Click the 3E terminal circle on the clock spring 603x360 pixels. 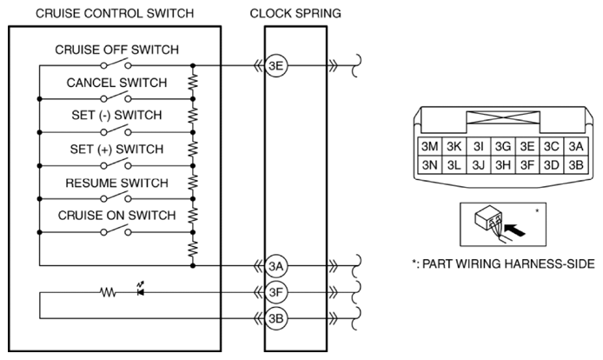pyautogui.click(x=275, y=66)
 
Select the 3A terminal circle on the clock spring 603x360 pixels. pyautogui.click(x=275, y=266)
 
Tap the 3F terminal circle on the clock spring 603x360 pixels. pyautogui.click(x=275, y=293)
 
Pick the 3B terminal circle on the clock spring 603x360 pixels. pyautogui.click(x=275, y=319)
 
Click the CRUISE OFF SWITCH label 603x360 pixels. pyautogui.click(x=117, y=50)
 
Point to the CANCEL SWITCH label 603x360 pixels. pyautogui.click(x=117, y=83)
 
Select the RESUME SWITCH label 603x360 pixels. pyautogui.click(x=117, y=183)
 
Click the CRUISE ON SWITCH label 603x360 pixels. pyautogui.click(x=117, y=216)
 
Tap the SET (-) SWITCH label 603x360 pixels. pyautogui.click(x=117, y=115)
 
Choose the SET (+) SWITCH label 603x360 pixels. pyautogui.click(x=117, y=149)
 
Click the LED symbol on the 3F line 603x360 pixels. pyautogui.click(x=141, y=290)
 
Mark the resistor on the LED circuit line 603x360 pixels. pyautogui.click(x=108, y=293)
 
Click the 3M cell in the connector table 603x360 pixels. pyautogui.click(x=429, y=146)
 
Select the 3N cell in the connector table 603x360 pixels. pyautogui.click(x=429, y=165)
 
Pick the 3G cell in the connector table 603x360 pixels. pyautogui.click(x=502, y=146)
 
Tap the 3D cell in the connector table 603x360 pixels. pyautogui.click(x=551, y=165)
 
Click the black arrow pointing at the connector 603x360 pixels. pyautogui.click(x=514, y=230)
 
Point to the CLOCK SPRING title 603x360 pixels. pyautogui.click(x=295, y=13)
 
